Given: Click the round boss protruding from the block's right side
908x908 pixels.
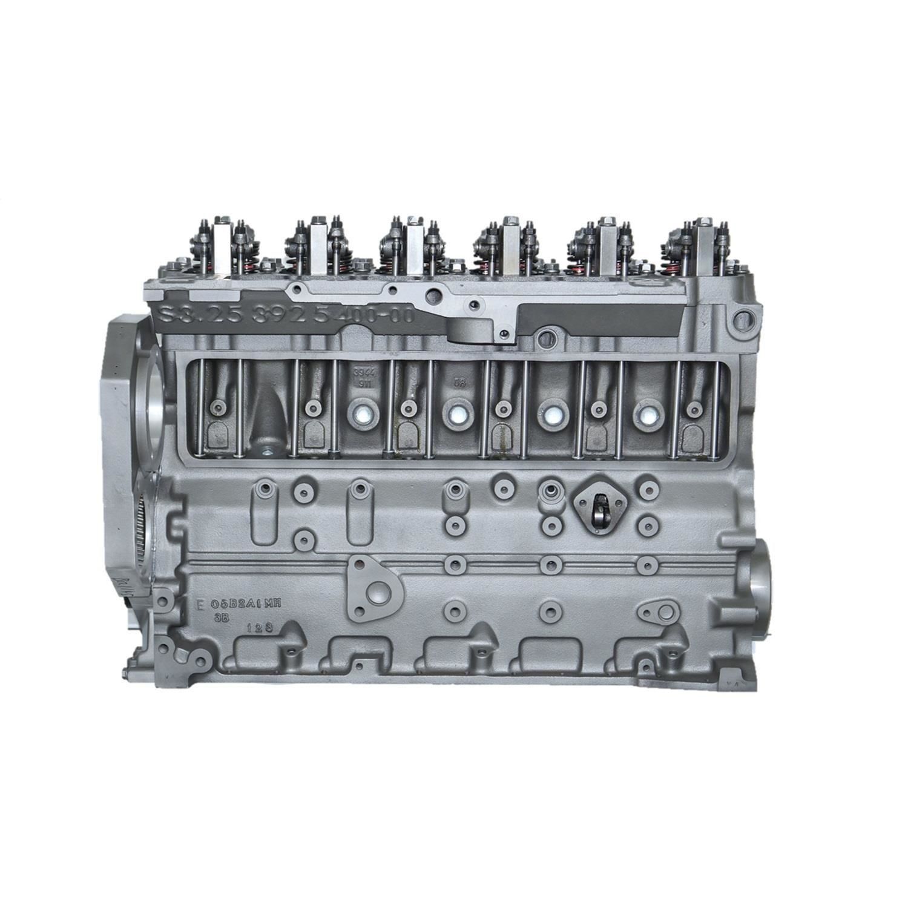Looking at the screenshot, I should pyautogui.click(x=762, y=581).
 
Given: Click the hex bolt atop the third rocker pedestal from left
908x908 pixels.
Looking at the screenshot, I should pyautogui.click(x=414, y=219).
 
